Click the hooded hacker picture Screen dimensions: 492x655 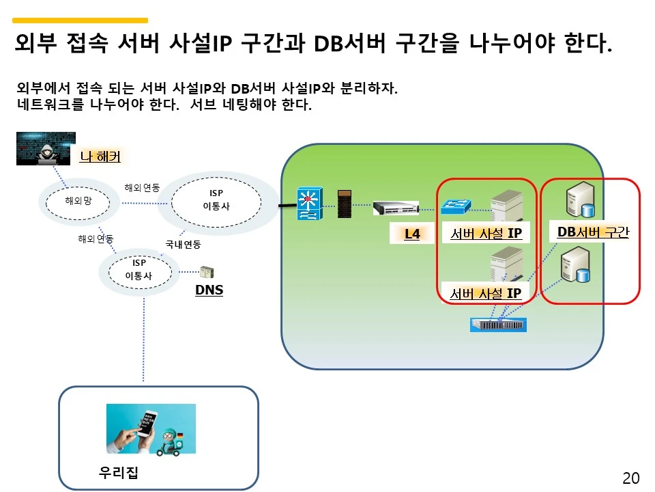[x=46, y=148]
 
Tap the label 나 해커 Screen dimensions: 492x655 [x=100, y=156]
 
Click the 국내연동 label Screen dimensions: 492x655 [x=183, y=244]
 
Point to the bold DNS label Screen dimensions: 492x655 [x=209, y=290]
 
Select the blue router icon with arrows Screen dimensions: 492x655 [x=308, y=204]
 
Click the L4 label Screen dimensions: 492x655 [x=411, y=234]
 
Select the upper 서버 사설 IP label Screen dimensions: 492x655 [x=486, y=234]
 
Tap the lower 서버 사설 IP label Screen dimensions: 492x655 [x=485, y=294]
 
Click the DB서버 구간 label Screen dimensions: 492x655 [x=592, y=232]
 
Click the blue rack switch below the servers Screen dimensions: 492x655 [x=498, y=325]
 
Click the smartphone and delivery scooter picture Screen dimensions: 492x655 [x=151, y=428]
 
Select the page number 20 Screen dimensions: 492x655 [x=630, y=478]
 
